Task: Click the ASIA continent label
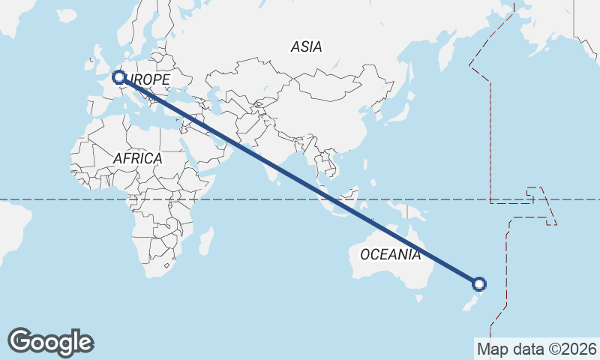point(306,46)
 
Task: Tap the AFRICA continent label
point(137,158)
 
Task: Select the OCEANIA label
point(390,254)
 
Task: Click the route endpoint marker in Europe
point(118,76)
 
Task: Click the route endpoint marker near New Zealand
point(479,283)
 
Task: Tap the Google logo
point(50,341)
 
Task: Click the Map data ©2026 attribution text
point(536,349)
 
